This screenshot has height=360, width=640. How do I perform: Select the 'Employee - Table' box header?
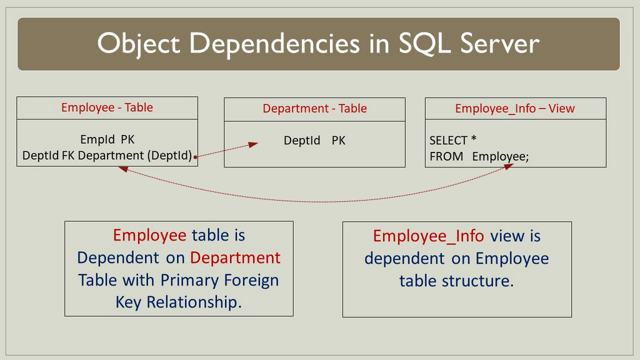[x=107, y=107]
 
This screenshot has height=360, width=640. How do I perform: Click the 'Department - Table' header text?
[x=314, y=108]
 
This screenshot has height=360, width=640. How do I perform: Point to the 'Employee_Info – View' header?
[x=514, y=108]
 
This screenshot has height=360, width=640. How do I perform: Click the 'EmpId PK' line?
[x=107, y=139]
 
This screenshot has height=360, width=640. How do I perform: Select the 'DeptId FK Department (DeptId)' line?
[x=107, y=155]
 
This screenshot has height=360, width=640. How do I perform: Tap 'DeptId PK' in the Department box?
[x=314, y=141]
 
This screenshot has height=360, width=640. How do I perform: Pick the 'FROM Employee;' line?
[x=479, y=156]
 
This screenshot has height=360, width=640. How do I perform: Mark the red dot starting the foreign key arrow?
[x=196, y=157]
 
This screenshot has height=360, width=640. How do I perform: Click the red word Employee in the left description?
[x=149, y=235]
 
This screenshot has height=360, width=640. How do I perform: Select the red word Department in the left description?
[x=235, y=257]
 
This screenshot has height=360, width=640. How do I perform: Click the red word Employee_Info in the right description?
[x=429, y=236]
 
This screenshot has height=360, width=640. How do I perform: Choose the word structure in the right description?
[x=477, y=281]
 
